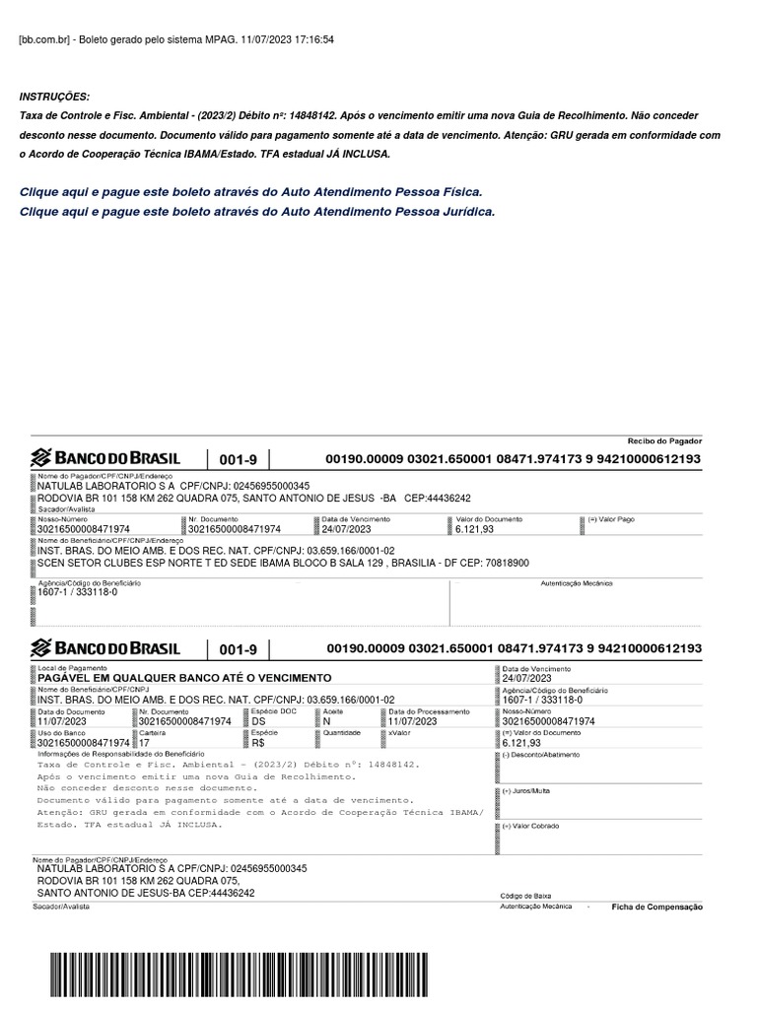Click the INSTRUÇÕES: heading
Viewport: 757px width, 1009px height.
coord(54,97)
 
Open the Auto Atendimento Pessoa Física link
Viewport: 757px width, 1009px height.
coord(250,192)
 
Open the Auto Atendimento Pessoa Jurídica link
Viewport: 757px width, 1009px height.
coord(256,212)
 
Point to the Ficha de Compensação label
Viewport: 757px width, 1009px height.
coord(656,907)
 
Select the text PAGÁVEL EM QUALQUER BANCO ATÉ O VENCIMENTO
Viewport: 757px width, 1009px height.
coord(184,678)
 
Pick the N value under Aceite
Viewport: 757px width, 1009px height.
coord(327,721)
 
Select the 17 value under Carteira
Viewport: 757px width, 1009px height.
coord(145,743)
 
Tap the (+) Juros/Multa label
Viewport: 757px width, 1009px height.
coord(526,791)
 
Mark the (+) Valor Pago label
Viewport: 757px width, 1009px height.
coord(612,518)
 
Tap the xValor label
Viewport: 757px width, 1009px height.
coord(399,733)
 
